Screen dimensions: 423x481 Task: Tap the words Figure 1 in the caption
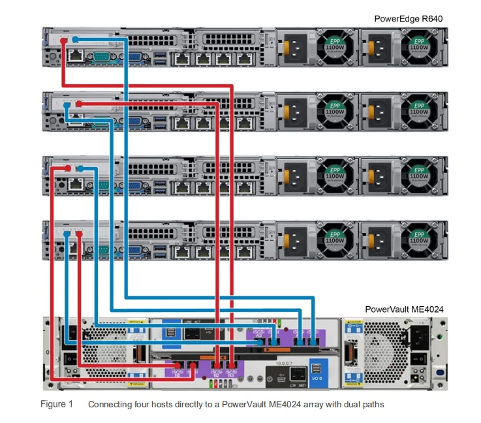pyautogui.click(x=57, y=405)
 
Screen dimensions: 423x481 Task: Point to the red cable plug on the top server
pyautogui.click(x=63, y=40)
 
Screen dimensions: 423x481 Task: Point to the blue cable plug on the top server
pyautogui.click(x=75, y=40)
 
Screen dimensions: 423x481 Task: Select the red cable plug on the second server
pyautogui.click(x=78, y=104)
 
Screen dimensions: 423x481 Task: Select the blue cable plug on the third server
pyautogui.click(x=79, y=169)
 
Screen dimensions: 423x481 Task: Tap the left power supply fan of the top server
pyautogui.click(x=339, y=47)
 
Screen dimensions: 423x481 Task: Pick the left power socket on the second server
pyautogui.click(x=292, y=111)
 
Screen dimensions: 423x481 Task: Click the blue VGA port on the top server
pyautogui.click(x=136, y=57)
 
